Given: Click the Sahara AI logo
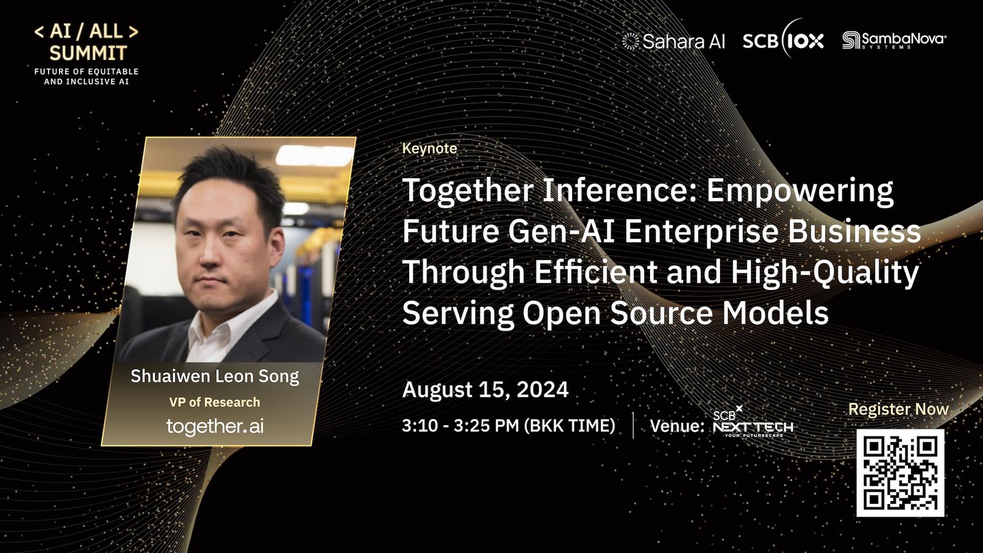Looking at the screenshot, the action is tap(673, 41).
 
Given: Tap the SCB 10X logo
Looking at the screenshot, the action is tap(783, 39).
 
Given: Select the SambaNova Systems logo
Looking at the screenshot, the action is tap(895, 40).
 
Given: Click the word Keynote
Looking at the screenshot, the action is tap(429, 148).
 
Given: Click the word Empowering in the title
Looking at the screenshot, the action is tap(800, 191).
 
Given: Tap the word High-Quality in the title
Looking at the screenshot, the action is tap(824, 273).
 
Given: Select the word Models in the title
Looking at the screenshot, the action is tap(775, 313).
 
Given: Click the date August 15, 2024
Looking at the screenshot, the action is tap(485, 390).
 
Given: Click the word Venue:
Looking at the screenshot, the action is tap(676, 426).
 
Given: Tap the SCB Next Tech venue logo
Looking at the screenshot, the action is tap(753, 422).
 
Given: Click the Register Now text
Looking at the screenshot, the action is tap(898, 409).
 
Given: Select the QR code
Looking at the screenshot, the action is tap(900, 473).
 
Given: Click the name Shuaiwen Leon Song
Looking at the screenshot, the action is tap(214, 377).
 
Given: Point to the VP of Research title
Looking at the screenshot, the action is tap(214, 402).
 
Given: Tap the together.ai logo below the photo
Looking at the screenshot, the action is tap(215, 426).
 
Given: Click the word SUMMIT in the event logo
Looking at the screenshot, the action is tap(88, 53).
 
